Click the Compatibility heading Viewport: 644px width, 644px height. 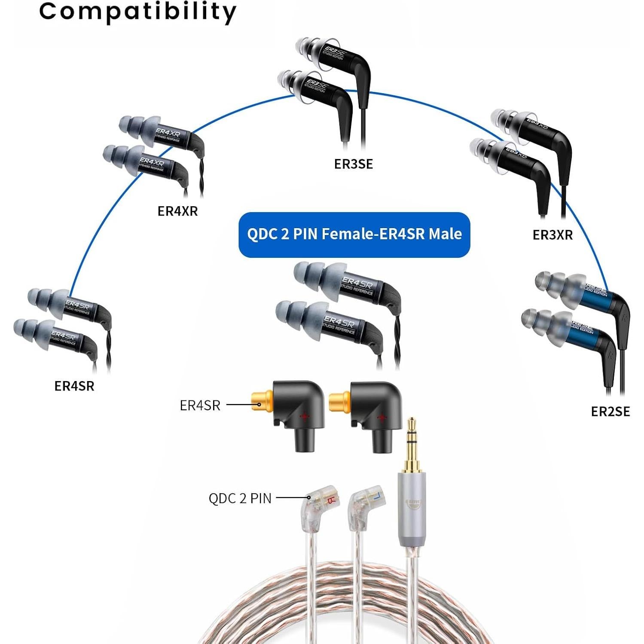(137, 12)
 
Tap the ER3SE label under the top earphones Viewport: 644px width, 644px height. (353, 164)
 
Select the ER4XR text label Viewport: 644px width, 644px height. (177, 211)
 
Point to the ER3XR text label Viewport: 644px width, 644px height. (552, 235)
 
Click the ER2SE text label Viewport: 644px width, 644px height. (610, 412)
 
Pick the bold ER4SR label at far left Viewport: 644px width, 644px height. (74, 386)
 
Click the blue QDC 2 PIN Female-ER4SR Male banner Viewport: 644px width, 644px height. (354, 235)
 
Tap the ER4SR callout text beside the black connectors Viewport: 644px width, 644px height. (200, 405)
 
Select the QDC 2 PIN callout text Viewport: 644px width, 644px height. (240, 498)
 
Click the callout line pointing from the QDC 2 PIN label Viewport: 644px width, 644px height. (292, 498)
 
